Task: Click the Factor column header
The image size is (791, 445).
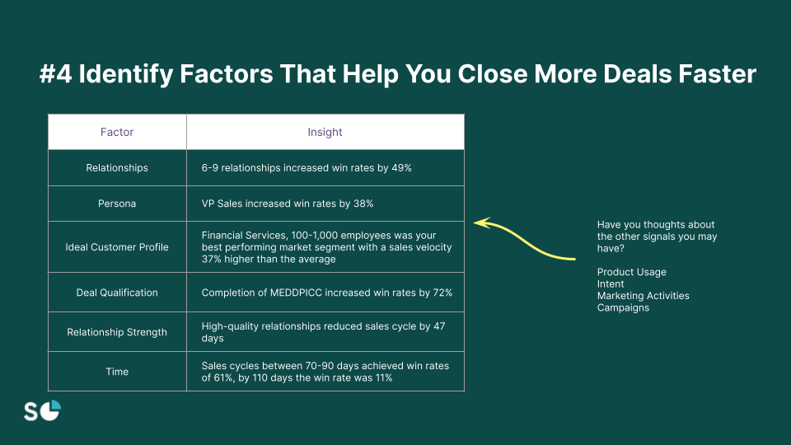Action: click(x=117, y=132)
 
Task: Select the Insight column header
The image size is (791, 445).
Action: click(x=325, y=132)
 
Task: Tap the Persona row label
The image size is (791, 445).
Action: click(x=117, y=204)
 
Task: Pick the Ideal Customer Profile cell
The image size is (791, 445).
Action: click(x=117, y=247)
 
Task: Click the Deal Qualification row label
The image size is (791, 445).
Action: click(x=117, y=293)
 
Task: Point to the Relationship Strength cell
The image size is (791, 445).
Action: click(x=117, y=332)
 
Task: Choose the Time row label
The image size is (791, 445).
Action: click(x=117, y=372)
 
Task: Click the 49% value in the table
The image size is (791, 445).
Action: click(x=401, y=168)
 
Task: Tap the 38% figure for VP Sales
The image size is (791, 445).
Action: click(x=363, y=204)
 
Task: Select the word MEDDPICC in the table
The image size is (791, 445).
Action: click(x=296, y=293)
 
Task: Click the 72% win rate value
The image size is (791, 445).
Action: click(x=442, y=293)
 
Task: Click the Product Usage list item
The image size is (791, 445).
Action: click(x=632, y=272)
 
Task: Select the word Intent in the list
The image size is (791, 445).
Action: click(x=611, y=284)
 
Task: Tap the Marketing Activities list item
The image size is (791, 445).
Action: click(x=644, y=296)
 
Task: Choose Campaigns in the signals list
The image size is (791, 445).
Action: click(x=623, y=307)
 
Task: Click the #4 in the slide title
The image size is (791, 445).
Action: click(x=55, y=73)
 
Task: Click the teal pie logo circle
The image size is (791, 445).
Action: click(x=50, y=410)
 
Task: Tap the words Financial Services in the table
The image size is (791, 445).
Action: click(x=243, y=236)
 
